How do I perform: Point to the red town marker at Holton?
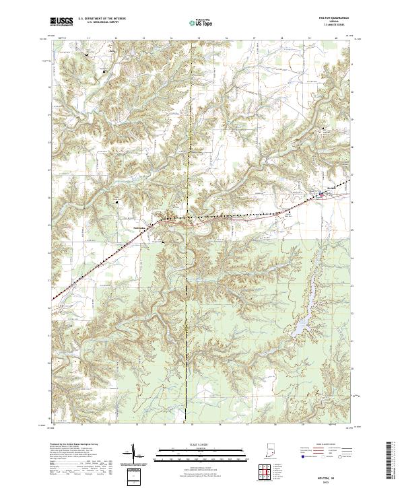321,195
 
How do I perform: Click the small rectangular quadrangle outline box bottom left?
133,477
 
